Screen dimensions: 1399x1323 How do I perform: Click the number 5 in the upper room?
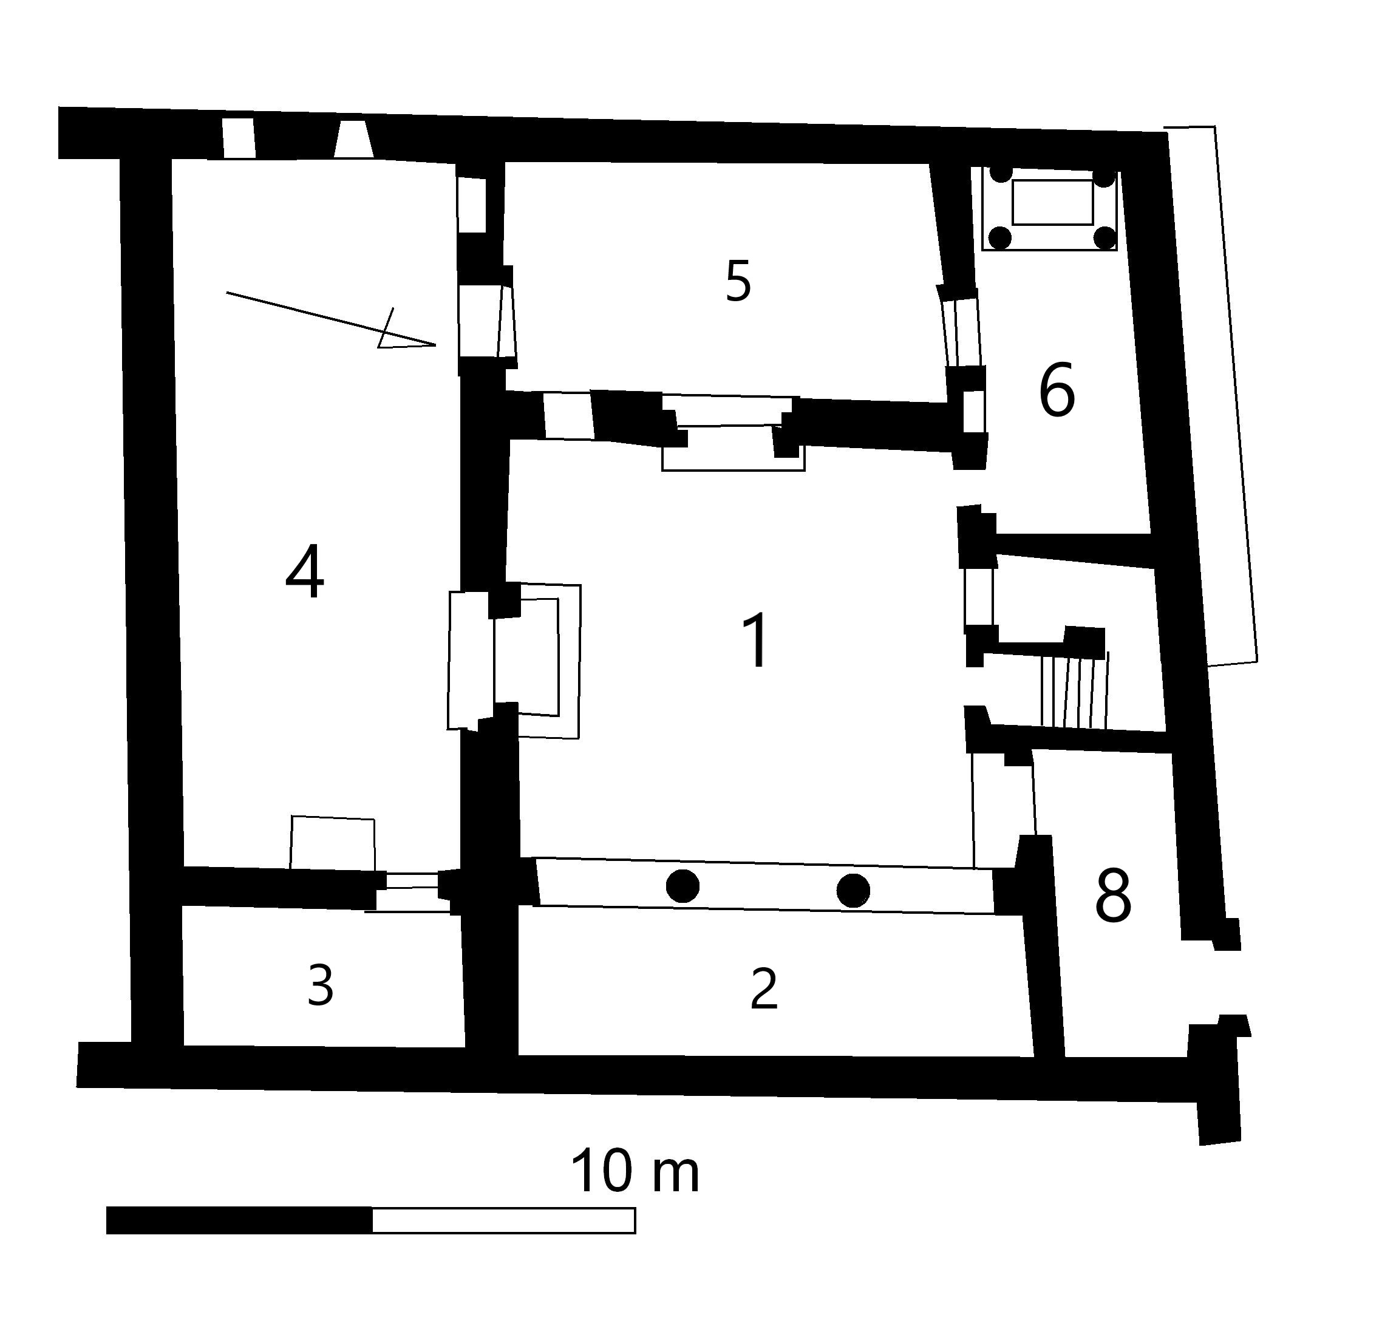click(738, 281)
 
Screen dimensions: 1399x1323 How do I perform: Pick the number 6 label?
click(1057, 389)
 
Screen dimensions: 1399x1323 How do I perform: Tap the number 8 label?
click(1114, 896)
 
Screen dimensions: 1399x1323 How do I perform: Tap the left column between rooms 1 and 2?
click(682, 886)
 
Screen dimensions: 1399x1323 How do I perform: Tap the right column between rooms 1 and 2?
click(853, 891)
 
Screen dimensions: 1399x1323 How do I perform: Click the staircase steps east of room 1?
click(1075, 691)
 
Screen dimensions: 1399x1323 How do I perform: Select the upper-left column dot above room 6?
click(1001, 174)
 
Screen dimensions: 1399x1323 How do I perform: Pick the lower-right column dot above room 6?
click(1105, 239)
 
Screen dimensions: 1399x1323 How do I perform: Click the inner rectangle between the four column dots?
click(1053, 202)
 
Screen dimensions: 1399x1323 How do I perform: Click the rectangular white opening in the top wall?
click(239, 139)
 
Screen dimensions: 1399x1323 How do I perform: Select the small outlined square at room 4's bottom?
click(333, 843)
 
